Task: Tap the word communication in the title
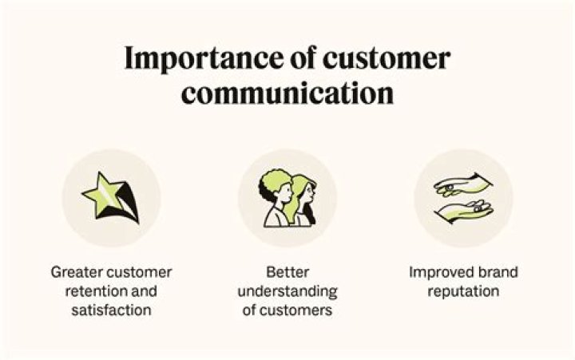click(x=287, y=93)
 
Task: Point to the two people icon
click(x=287, y=199)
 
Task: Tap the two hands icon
click(x=463, y=199)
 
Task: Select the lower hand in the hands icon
click(x=463, y=212)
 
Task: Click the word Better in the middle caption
click(x=287, y=272)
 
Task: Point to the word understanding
click(x=287, y=291)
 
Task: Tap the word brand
click(x=500, y=272)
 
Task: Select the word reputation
click(x=463, y=291)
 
